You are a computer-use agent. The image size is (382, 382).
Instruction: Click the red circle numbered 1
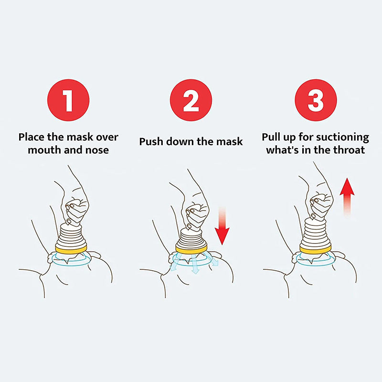(x=68, y=101)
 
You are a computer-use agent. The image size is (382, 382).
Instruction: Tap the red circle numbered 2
(x=191, y=101)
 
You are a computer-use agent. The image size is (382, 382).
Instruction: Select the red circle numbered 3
(x=315, y=101)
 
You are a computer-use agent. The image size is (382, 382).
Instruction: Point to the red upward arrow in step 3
(x=347, y=197)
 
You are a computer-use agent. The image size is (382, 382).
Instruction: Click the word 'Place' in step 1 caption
(x=32, y=137)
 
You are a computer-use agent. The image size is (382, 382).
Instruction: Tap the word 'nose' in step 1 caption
(x=97, y=150)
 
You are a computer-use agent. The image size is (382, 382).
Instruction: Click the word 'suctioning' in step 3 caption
(x=343, y=138)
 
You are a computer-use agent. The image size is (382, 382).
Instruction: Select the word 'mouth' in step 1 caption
(x=42, y=150)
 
